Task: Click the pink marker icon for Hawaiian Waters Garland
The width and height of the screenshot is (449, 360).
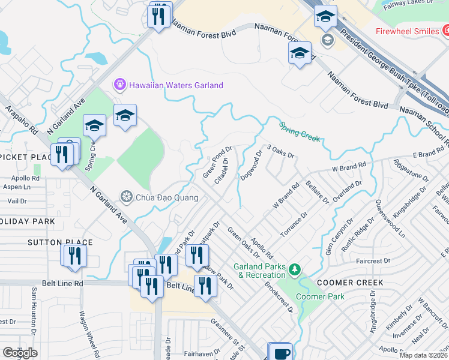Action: point(120,85)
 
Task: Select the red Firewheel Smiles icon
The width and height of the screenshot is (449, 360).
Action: point(445,31)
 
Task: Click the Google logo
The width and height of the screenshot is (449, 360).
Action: point(19,353)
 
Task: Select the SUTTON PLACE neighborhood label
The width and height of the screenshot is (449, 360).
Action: point(60,242)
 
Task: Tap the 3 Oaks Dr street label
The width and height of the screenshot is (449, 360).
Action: point(280,151)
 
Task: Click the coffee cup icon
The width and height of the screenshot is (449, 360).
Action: point(280,352)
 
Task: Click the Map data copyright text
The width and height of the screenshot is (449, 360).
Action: point(423,355)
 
